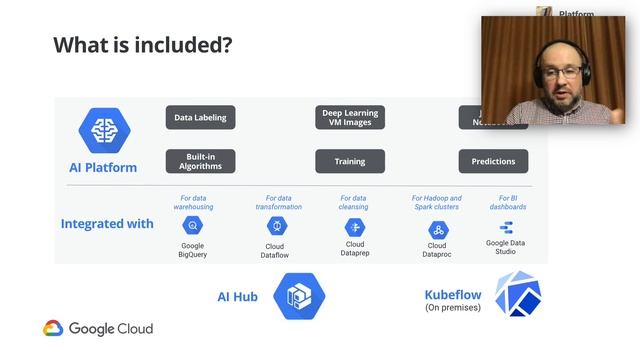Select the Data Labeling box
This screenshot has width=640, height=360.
click(200, 118)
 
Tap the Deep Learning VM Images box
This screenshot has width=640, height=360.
click(350, 118)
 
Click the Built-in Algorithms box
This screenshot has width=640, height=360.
click(200, 161)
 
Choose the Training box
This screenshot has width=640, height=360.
click(350, 161)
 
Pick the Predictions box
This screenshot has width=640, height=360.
click(493, 161)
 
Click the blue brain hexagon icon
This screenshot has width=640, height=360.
click(104, 131)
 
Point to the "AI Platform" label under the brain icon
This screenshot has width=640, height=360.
click(104, 167)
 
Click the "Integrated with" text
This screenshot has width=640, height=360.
click(107, 223)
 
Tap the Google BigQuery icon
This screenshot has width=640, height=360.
click(193, 226)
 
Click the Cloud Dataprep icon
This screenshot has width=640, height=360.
click(354, 226)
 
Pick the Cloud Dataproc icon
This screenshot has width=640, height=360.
click(437, 229)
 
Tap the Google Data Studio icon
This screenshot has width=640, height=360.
click(506, 227)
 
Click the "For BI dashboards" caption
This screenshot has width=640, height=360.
click(506, 203)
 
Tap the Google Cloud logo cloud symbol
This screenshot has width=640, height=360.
click(53, 328)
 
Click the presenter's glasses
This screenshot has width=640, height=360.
click(556, 72)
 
